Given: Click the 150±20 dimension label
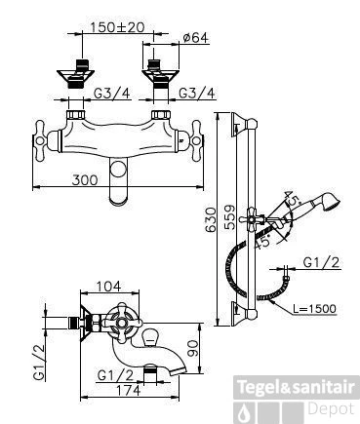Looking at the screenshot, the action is (x=117, y=27).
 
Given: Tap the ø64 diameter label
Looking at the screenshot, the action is (x=195, y=38).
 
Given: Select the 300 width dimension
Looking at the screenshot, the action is (x=85, y=179).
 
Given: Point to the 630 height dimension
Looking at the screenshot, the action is (x=211, y=219).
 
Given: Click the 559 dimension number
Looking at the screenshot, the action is (x=230, y=217).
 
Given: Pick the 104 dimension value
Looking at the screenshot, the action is (x=108, y=287).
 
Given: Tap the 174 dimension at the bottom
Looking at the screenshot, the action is (x=128, y=390).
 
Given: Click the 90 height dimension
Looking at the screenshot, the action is (x=193, y=348).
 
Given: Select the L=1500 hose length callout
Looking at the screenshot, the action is (x=314, y=308).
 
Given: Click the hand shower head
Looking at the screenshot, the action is (x=330, y=203).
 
